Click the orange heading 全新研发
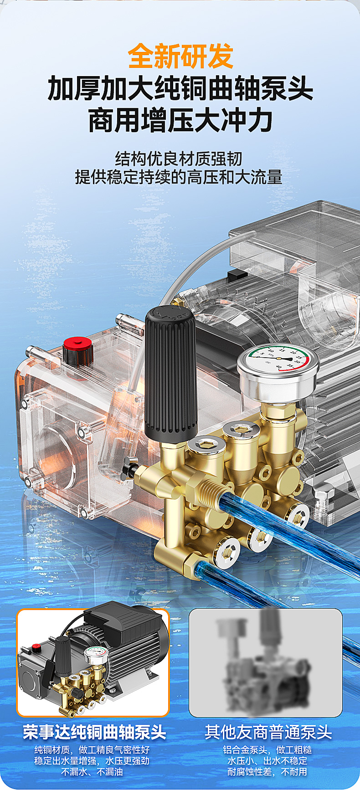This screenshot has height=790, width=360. pyautogui.click(x=180, y=56)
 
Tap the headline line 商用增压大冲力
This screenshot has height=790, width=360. pyautogui.click(x=180, y=120)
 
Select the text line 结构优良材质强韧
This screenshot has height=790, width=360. pyautogui.click(x=179, y=159)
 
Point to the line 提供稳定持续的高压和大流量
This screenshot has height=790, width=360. pyautogui.click(x=179, y=177)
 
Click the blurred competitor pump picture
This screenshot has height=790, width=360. pyautogui.click(x=266, y=662)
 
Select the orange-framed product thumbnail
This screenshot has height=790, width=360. pyautogui.click(x=93, y=662)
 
